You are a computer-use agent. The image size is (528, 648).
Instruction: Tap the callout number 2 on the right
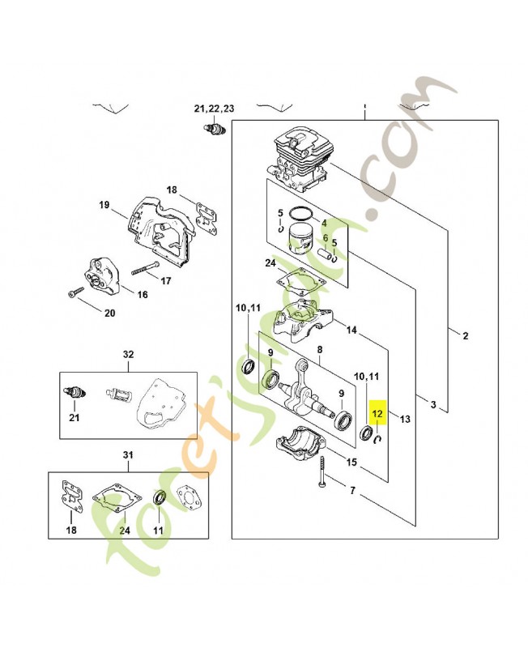466,335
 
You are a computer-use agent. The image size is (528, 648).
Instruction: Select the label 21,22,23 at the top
214,109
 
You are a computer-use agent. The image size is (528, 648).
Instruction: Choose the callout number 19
104,205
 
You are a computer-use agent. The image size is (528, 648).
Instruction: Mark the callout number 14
351,330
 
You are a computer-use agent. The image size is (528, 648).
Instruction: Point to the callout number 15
351,463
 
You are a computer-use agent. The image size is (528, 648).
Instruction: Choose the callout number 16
143,295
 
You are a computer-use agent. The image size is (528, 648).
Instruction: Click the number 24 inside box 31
124,531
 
